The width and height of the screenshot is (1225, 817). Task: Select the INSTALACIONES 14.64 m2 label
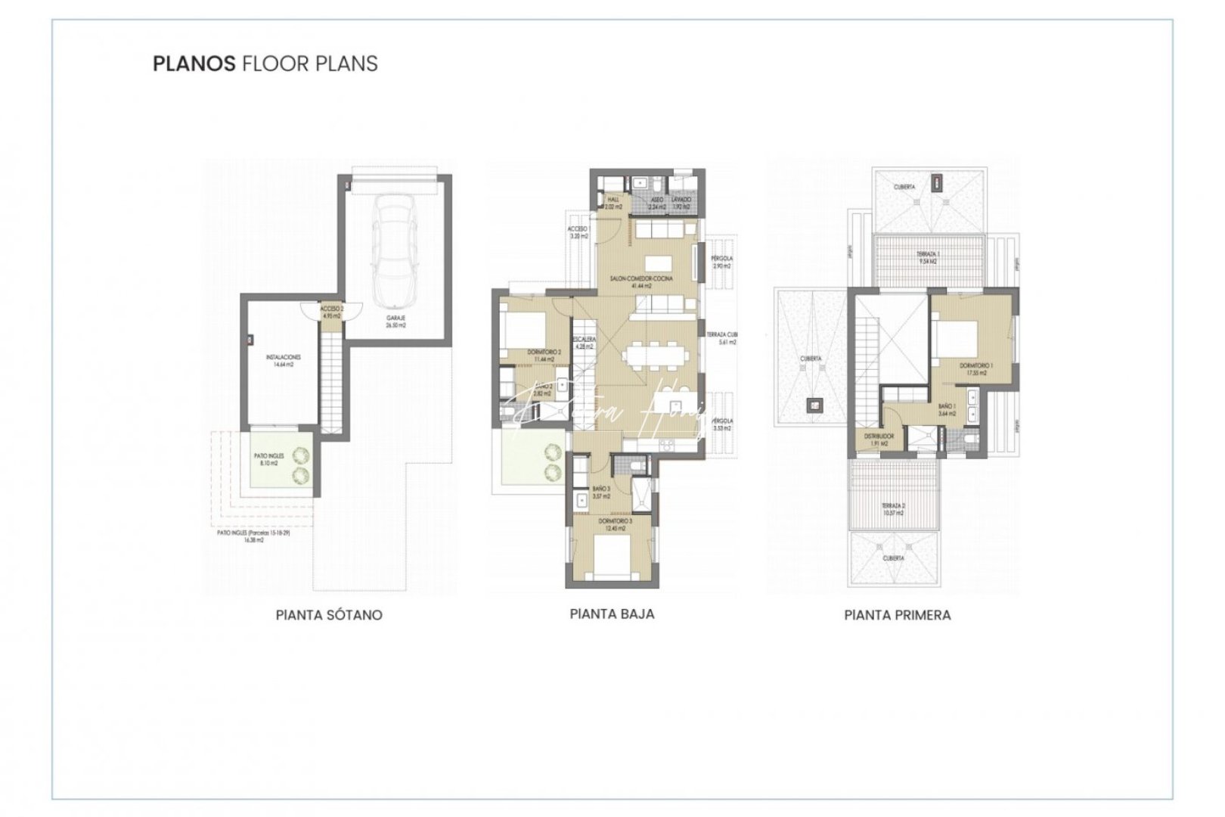coord(284,360)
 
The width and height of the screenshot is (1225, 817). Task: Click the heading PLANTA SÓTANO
coord(329,615)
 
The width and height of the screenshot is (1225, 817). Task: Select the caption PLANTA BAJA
coord(612,614)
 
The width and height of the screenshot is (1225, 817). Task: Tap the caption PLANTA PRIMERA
coord(897,615)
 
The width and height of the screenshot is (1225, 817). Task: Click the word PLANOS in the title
coord(194,64)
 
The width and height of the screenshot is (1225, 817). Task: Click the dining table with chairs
coord(656,355)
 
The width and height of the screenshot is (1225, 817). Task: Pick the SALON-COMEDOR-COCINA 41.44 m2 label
coord(641,282)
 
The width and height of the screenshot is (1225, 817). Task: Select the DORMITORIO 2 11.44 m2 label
coord(544,356)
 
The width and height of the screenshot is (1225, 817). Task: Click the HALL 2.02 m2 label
coord(613,203)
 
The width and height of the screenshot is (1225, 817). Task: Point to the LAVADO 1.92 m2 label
coord(681,203)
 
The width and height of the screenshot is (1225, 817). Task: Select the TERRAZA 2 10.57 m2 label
coord(893,509)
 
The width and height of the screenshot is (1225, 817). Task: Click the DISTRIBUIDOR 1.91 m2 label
coord(880,440)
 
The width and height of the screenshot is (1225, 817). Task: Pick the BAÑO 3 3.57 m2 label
coord(601,492)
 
